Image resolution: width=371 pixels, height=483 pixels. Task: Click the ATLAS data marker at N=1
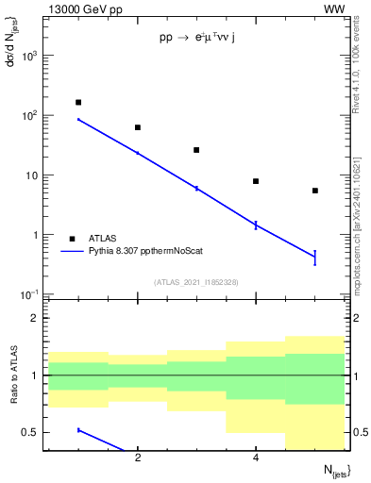78,102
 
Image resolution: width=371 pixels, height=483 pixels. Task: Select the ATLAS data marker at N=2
138,127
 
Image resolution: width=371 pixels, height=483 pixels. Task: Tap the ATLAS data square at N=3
196,150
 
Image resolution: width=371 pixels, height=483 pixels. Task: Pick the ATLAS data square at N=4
256,181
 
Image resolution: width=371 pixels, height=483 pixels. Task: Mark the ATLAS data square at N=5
314,191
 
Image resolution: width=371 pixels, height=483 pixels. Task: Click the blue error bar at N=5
314,257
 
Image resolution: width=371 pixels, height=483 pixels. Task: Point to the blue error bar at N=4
256,225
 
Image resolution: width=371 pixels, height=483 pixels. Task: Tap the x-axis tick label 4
256,458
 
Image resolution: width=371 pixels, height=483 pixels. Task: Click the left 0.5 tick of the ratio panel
36,432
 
